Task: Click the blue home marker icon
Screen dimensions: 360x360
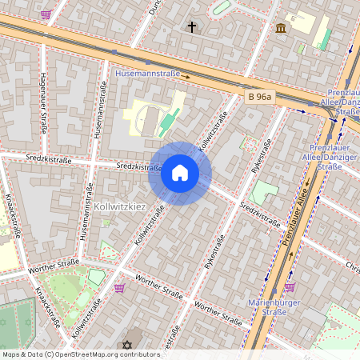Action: (180, 173)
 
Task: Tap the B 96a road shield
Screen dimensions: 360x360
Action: (260, 97)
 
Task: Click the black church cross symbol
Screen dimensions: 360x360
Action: (192, 27)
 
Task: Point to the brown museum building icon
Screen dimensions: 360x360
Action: (281, 29)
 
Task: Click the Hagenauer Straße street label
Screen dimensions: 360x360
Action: (42, 103)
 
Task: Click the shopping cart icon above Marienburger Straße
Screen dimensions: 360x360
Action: (290, 286)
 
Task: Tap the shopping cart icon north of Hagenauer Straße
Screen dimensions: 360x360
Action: (46, 14)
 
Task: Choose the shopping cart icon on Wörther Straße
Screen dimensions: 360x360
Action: (119, 288)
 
